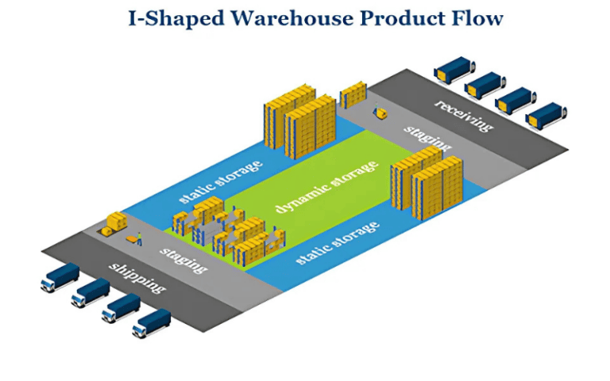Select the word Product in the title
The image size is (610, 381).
(401, 17)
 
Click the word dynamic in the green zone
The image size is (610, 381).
(300, 196)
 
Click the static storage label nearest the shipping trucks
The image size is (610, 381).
(220, 183)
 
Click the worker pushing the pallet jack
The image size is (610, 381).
(138, 237)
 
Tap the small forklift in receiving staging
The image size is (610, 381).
(382, 114)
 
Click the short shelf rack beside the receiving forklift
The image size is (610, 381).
(352, 94)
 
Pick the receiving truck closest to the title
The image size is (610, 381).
(454, 70)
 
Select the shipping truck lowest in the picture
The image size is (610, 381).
(151, 322)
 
